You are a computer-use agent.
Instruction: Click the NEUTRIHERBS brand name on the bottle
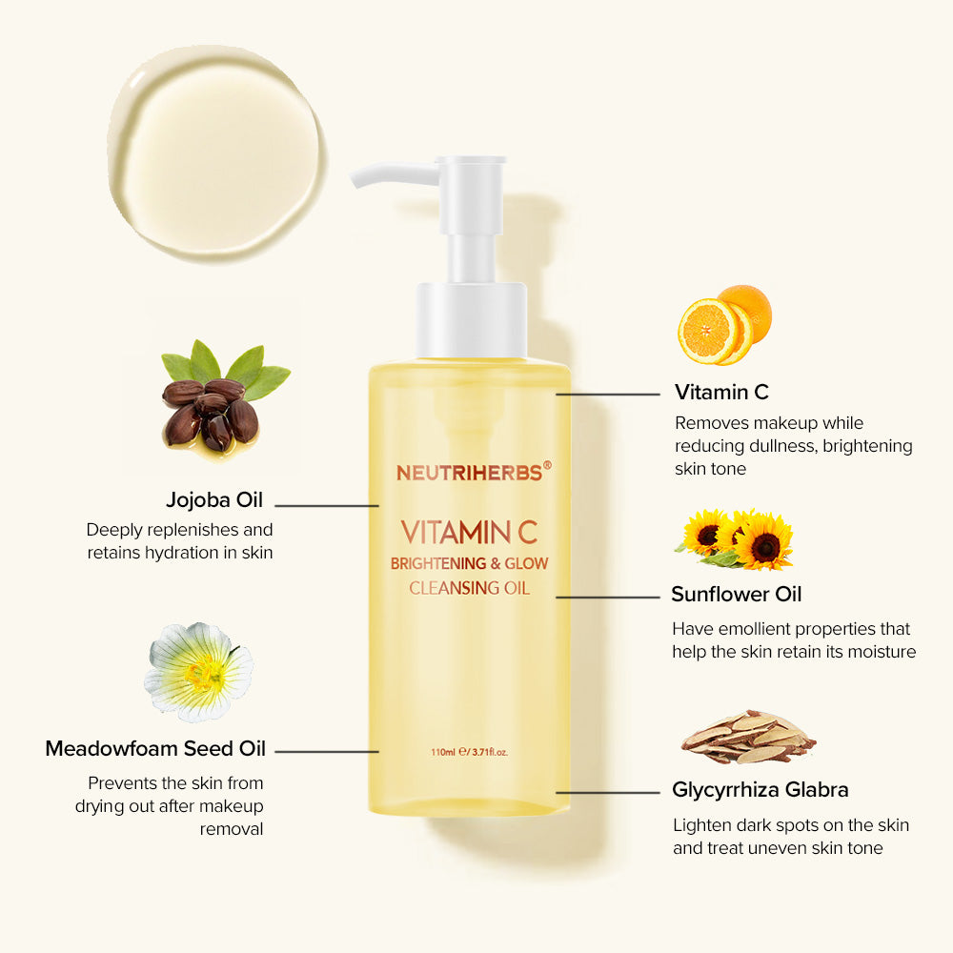tap(469, 472)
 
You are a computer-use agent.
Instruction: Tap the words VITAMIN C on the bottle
tap(469, 531)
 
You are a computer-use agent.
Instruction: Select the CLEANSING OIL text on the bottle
tap(469, 588)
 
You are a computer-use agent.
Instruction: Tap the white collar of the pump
tap(471, 318)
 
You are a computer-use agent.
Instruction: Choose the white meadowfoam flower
tap(199, 671)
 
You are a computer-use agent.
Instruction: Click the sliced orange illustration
tap(723, 324)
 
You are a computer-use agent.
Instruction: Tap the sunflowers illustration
tap(736, 538)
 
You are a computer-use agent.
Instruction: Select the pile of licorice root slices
tap(748, 737)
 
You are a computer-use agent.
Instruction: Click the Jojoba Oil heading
tap(214, 500)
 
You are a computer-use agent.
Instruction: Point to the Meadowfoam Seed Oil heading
tap(155, 749)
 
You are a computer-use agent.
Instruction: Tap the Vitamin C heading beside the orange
tap(721, 392)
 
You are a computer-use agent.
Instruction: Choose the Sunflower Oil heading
tap(737, 595)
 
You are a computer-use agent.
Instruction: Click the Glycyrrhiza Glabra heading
tap(760, 790)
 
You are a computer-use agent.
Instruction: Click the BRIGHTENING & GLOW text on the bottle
tap(469, 563)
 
